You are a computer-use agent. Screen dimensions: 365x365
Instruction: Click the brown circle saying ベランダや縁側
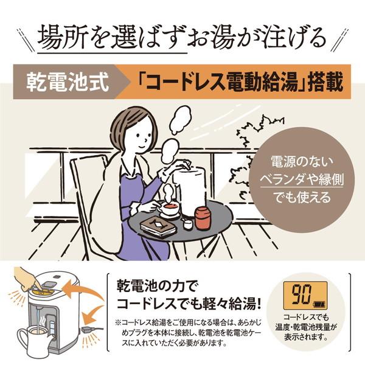294,180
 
